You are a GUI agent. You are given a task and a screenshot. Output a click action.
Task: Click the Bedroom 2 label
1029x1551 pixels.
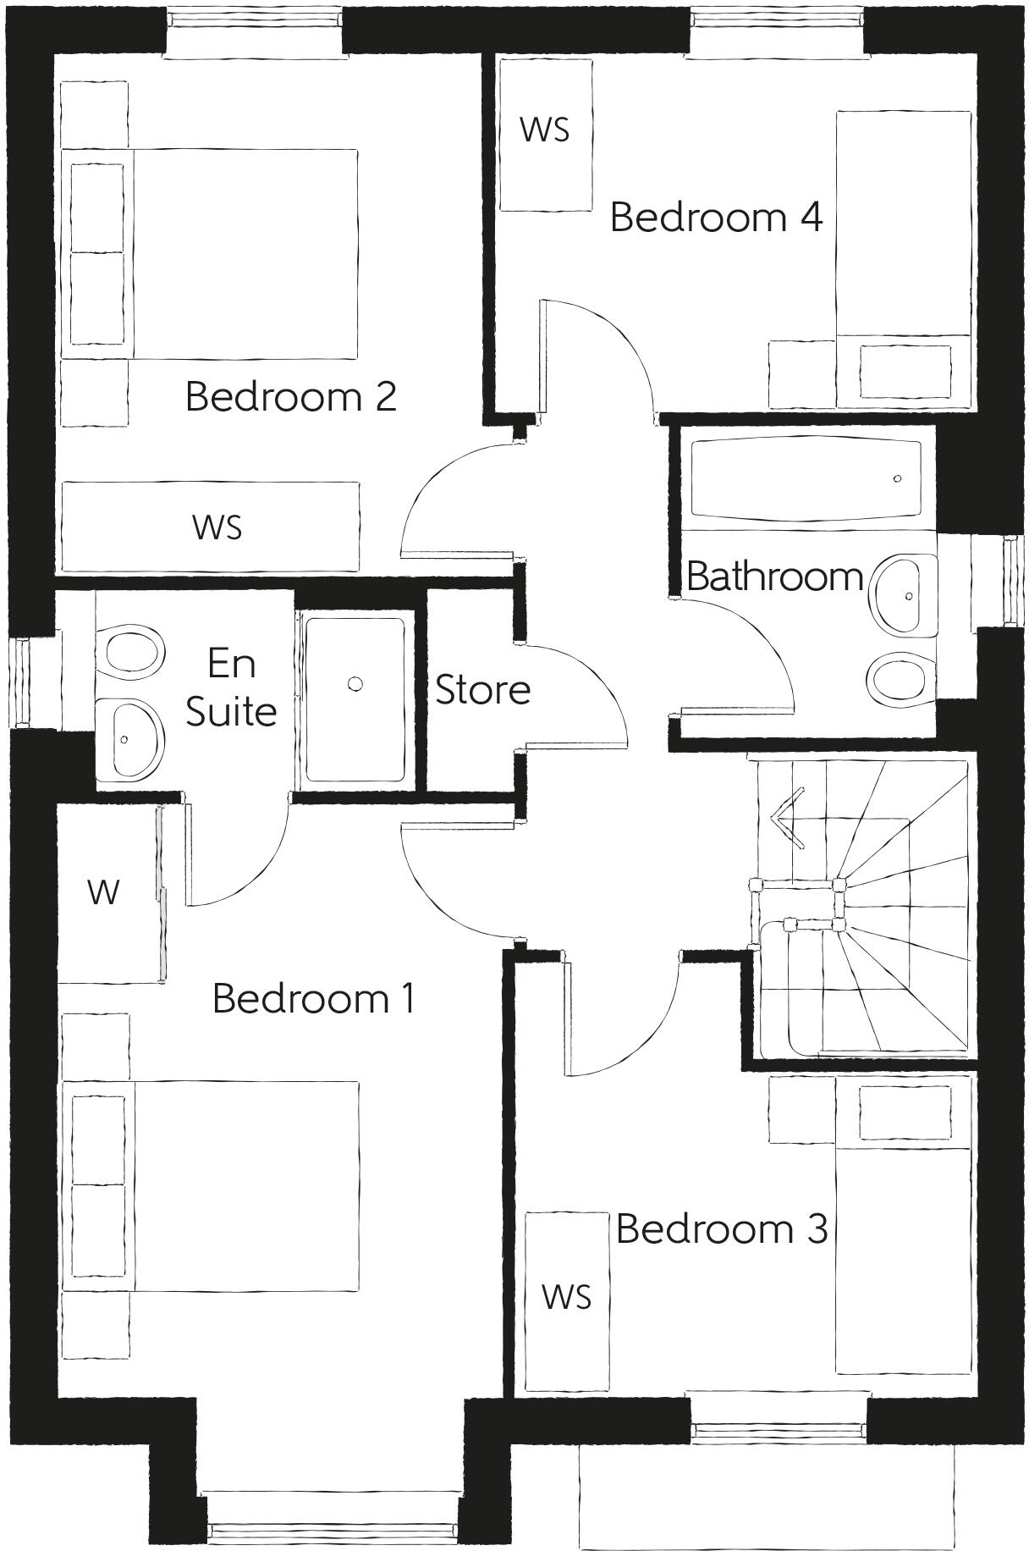click(290, 396)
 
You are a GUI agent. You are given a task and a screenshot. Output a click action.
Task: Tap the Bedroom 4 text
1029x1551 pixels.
click(716, 217)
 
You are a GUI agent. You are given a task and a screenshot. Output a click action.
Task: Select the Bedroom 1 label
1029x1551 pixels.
click(313, 998)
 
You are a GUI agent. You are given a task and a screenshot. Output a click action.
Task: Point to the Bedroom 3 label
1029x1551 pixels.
click(721, 1228)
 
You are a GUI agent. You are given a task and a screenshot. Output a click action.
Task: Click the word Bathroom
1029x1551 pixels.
click(774, 577)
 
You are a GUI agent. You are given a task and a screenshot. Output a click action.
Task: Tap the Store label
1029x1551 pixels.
click(482, 690)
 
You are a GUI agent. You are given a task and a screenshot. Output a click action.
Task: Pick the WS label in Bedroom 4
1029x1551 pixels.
click(544, 130)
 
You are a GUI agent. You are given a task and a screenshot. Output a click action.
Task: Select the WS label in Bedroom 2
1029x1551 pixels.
click(217, 527)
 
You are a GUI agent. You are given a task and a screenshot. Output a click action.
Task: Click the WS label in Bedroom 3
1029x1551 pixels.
click(566, 1296)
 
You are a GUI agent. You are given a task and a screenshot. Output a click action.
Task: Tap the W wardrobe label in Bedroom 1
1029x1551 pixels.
click(103, 891)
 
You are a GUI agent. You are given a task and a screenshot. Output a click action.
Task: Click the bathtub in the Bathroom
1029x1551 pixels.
click(806, 479)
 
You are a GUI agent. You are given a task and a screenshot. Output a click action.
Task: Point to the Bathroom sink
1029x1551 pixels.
click(903, 595)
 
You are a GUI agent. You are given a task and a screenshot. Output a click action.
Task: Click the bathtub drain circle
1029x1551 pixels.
click(897, 478)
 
